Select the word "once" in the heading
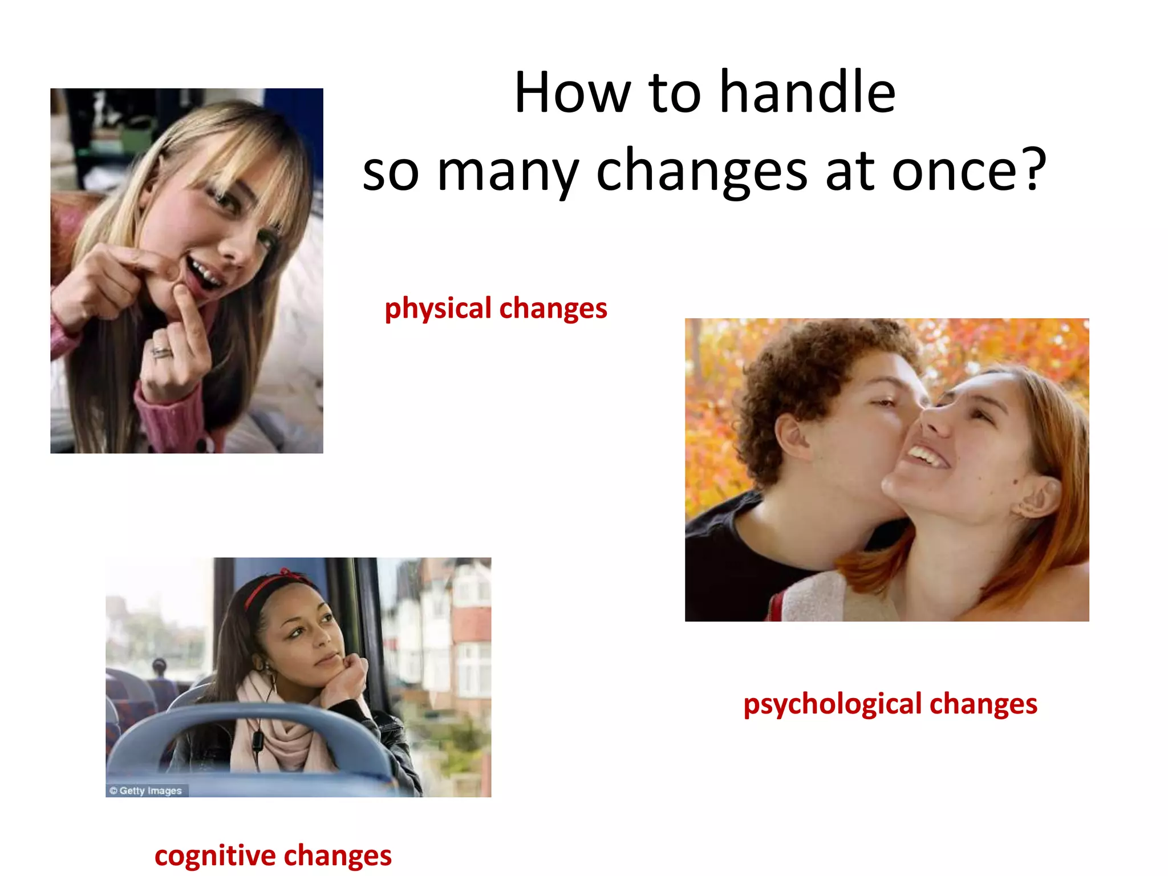pos(954,171)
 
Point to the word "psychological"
pos(832,704)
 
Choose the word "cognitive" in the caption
pos(215,856)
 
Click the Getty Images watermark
pos(146,790)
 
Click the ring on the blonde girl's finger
pos(161,352)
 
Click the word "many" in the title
pos(508,171)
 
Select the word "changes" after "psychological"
pos(983,704)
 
